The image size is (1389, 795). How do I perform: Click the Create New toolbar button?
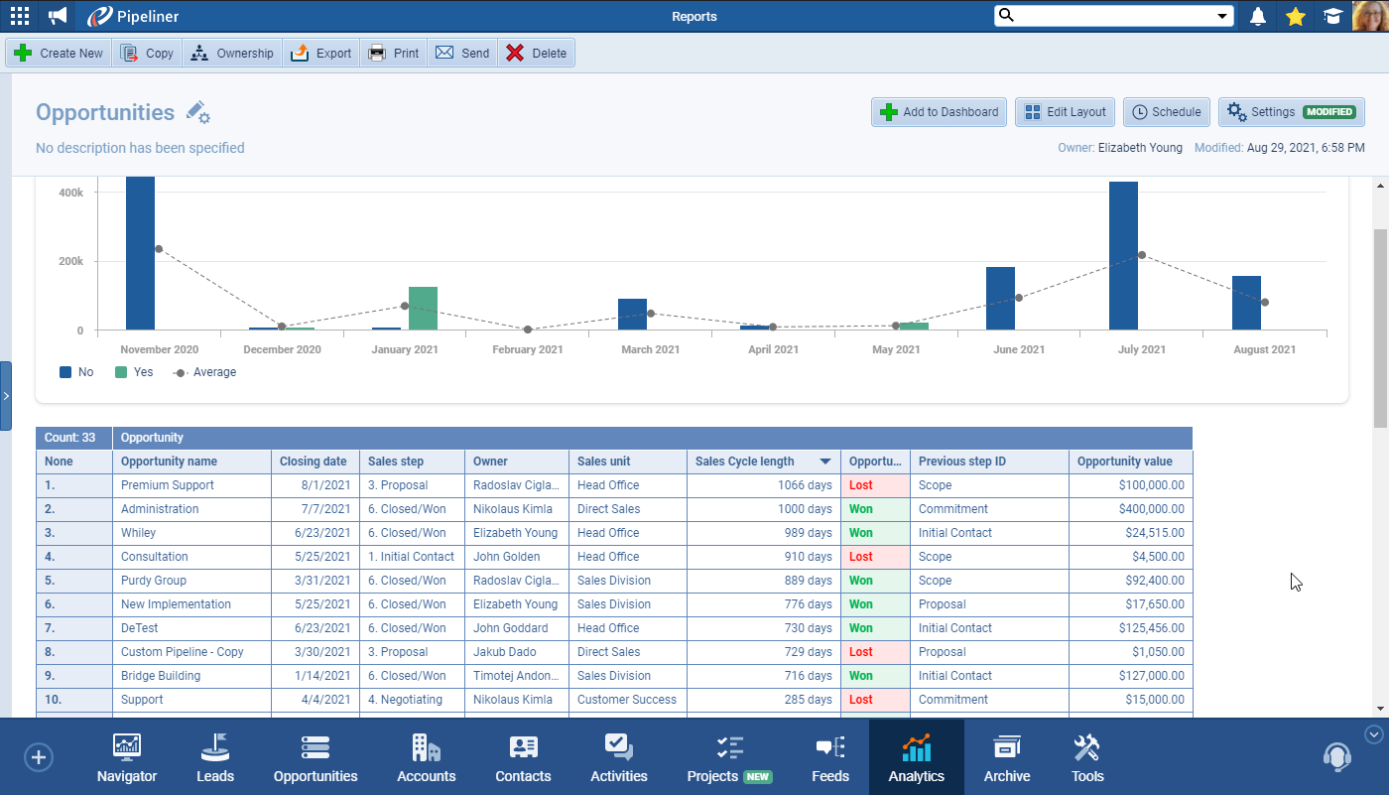point(59,54)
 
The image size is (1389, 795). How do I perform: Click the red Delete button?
point(536,54)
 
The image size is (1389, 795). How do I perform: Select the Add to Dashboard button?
point(939,112)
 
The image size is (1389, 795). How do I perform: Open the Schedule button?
point(1167,112)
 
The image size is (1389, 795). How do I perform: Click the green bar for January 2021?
point(423,309)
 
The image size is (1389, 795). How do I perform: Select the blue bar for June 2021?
point(1000,299)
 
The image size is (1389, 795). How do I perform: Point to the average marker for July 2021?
point(1142,255)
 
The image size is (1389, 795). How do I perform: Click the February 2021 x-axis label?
point(528,349)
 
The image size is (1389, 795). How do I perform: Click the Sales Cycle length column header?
point(745,462)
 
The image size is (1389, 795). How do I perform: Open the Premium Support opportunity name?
point(168,485)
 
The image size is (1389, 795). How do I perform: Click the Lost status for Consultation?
point(861,557)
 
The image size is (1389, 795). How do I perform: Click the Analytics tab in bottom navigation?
point(916,758)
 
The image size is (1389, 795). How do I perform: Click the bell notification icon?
point(1258,16)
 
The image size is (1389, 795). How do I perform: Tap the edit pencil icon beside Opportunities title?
point(197,112)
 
